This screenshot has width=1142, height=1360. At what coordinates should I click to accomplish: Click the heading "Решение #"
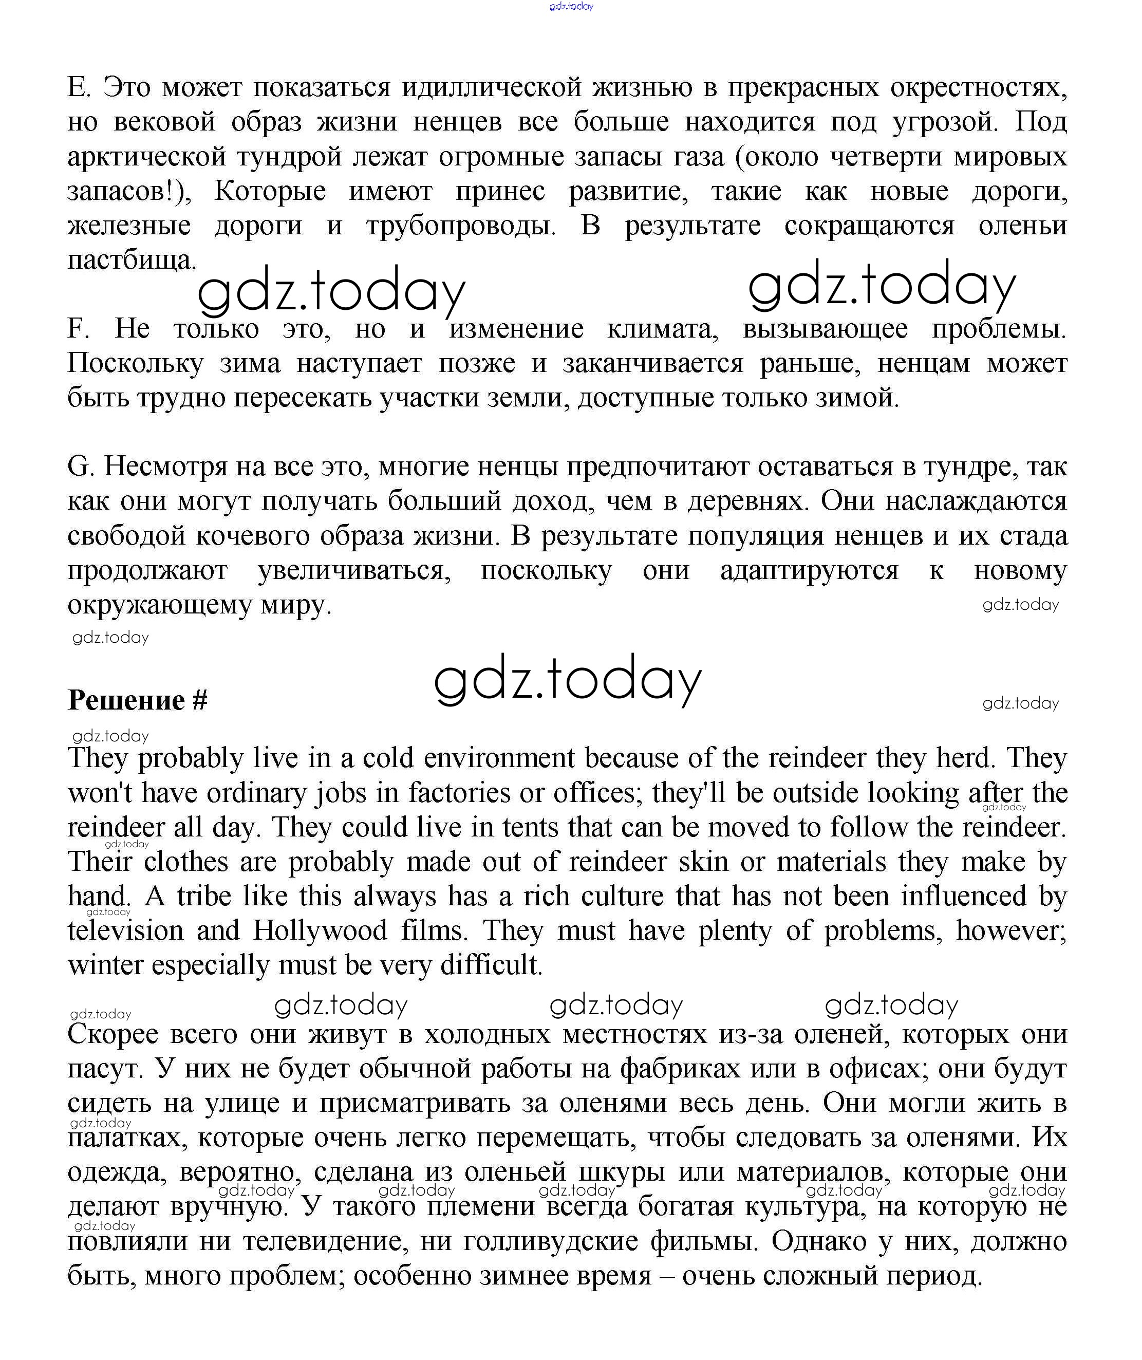pos(137,700)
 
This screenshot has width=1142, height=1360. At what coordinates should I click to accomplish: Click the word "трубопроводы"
pos(461,226)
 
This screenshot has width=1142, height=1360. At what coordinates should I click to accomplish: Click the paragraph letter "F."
pos(78,329)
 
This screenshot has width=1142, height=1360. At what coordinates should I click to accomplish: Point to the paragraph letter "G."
pos(81,467)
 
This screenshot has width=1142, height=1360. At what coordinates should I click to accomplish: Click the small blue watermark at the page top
pos(571,7)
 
